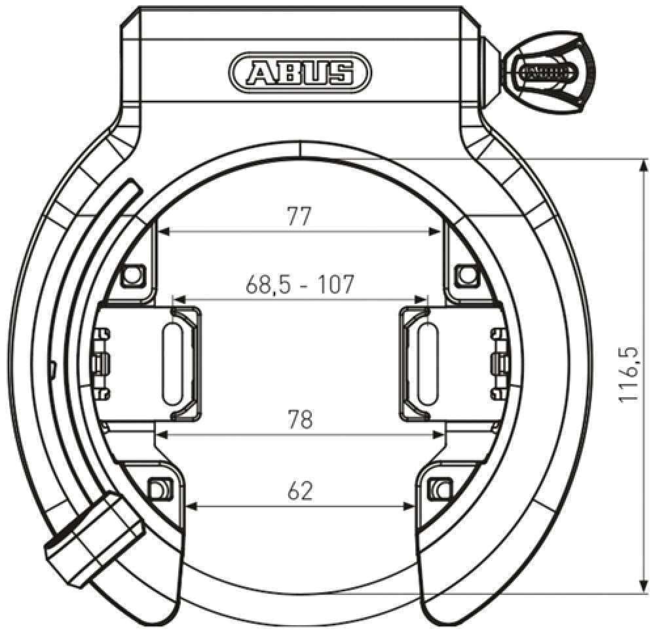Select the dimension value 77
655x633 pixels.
(299, 216)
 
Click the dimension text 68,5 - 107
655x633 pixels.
(299, 284)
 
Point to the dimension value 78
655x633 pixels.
(300, 419)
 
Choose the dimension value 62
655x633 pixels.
(300, 490)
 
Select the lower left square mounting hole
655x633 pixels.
(159, 488)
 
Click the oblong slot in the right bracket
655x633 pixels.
(426, 361)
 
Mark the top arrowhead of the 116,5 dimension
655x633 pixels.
(639, 163)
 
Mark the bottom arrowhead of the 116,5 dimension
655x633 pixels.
(639, 588)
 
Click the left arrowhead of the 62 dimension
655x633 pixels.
(191, 505)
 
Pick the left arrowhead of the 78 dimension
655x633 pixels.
(160, 434)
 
